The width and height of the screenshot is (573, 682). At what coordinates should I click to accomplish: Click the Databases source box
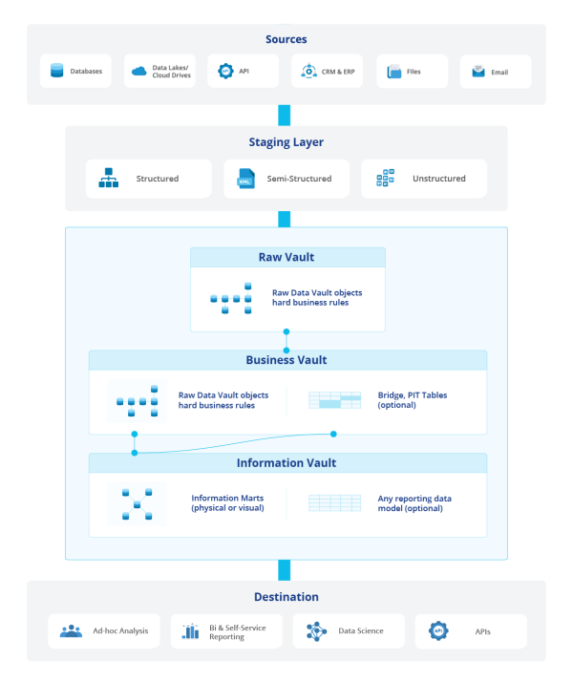click(76, 71)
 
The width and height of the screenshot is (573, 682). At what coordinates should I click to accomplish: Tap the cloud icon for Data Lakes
click(138, 71)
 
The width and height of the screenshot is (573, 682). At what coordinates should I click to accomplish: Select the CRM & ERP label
click(337, 72)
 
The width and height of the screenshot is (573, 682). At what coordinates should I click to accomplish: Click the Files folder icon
click(393, 72)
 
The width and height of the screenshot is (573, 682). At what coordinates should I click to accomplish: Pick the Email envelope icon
click(477, 72)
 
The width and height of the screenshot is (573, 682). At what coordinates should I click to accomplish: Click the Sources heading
click(286, 40)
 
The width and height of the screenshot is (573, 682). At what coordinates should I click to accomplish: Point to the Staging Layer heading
click(286, 142)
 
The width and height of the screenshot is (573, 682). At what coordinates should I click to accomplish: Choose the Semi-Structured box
click(286, 179)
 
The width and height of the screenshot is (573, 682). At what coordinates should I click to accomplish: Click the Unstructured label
click(439, 179)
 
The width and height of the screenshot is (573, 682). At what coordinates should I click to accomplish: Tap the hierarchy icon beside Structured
click(108, 179)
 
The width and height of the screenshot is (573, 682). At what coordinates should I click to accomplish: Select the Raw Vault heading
click(286, 257)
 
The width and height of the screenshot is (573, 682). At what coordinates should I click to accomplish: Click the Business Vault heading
click(286, 360)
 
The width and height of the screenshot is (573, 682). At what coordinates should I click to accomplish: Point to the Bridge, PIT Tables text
click(412, 400)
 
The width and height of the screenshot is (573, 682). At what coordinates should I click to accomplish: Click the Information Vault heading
click(286, 463)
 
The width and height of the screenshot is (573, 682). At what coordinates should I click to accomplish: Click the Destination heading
click(286, 597)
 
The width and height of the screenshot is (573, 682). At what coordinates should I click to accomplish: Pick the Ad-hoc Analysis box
click(104, 631)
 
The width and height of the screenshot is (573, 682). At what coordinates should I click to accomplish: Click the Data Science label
click(361, 631)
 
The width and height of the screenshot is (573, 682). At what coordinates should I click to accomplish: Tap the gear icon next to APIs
click(438, 631)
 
